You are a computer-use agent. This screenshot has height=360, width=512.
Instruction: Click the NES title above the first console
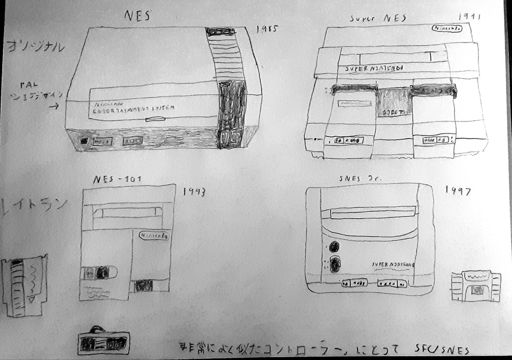coord(137,16)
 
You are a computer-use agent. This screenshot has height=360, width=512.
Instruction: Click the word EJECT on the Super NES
coord(393,112)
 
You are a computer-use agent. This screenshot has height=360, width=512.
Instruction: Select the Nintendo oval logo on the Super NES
coord(447,29)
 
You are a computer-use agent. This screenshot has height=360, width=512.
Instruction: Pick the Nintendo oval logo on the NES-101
coord(154,236)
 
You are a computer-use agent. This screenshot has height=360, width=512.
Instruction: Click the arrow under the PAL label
coord(54,106)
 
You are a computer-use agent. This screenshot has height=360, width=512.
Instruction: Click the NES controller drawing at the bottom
coord(102,342)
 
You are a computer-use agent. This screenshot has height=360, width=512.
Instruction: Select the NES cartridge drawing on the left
coord(24,285)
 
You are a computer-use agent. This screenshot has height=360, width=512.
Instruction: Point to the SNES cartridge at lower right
coord(476,286)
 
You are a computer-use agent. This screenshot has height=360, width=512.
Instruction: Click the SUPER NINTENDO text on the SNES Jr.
coord(392,264)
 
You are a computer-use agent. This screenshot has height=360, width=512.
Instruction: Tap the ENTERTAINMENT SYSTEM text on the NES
coord(134,110)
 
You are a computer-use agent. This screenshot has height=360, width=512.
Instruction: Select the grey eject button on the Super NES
coord(394,102)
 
